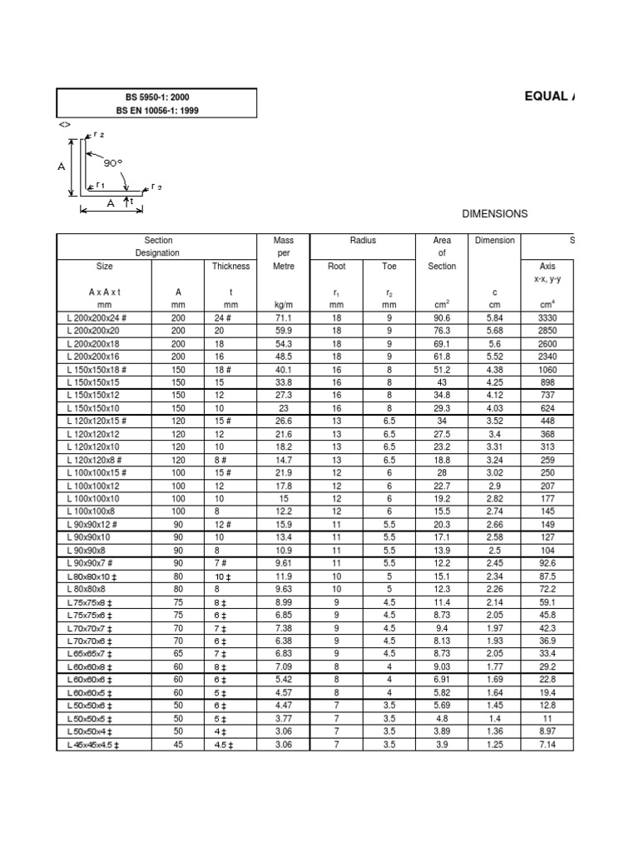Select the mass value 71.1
pos(284,317)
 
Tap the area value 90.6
pos(442,317)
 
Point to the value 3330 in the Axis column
pos(547,317)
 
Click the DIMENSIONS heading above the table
pos(494,214)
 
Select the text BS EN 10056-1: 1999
pos(157,110)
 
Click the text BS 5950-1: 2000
pos(157,97)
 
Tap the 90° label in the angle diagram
pos(113,163)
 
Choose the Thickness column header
pos(230,267)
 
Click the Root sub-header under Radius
pos(336,267)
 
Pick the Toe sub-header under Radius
pos(389,267)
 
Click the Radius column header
pos(363,241)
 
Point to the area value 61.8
pos(442,355)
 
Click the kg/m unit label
pos(284,306)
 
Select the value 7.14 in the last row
pos(547,744)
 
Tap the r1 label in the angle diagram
pos(99,186)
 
